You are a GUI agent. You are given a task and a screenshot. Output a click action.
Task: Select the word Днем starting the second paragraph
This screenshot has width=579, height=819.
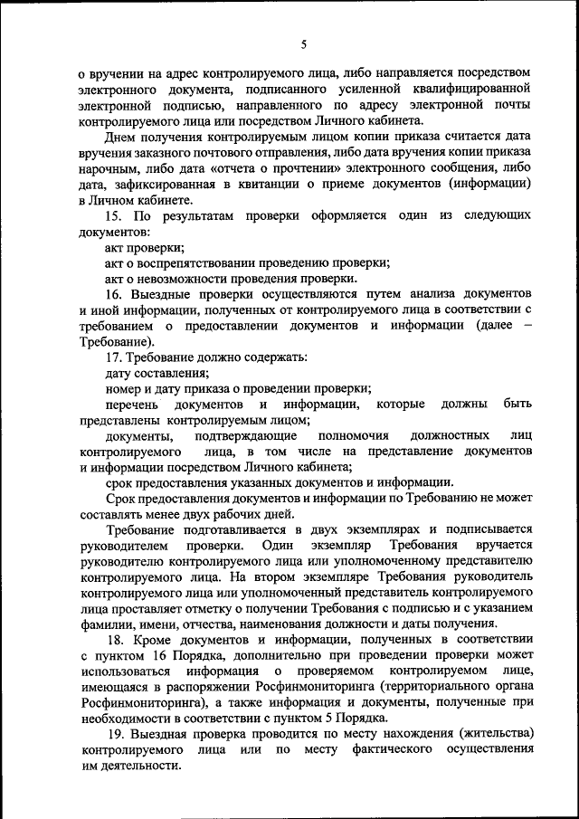[x=119, y=137]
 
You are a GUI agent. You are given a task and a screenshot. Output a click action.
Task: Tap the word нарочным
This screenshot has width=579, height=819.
[x=109, y=168]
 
